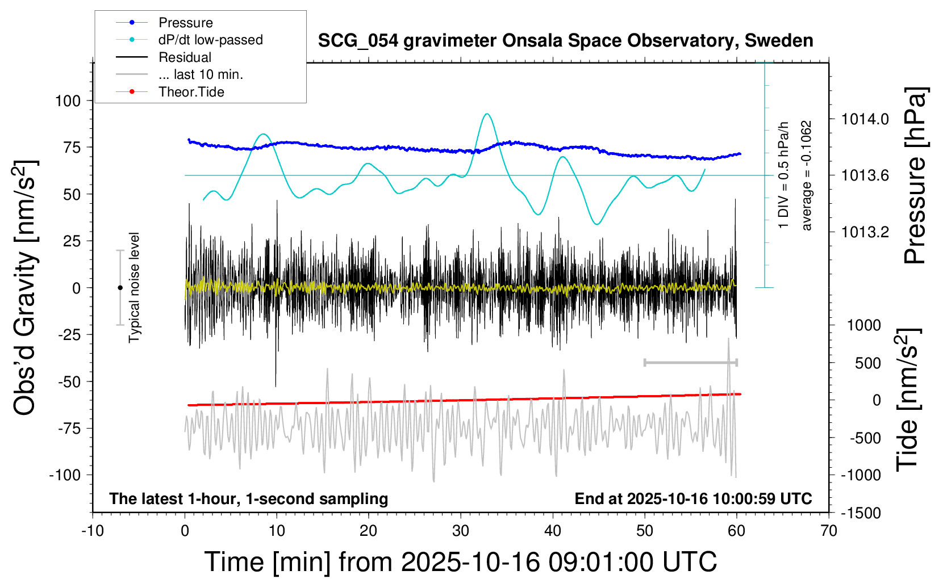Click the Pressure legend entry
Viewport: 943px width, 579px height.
tap(185, 23)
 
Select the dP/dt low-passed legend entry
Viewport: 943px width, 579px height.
tap(210, 40)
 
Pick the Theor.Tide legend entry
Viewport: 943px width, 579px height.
tap(191, 92)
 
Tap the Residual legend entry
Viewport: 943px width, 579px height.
tap(185, 57)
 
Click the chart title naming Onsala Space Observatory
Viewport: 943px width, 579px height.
tap(565, 41)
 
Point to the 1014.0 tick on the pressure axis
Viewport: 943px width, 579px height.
tap(865, 119)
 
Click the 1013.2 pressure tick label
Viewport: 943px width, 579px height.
tap(865, 232)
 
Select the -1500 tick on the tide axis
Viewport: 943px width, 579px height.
tap(861, 513)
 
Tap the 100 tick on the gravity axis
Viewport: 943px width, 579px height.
tap(68, 101)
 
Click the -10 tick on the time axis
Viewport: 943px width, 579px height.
tap(93, 531)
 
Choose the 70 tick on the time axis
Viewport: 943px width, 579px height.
tap(829, 531)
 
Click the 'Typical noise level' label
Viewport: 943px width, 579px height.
tap(134, 287)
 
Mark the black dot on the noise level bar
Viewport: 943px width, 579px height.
tap(120, 288)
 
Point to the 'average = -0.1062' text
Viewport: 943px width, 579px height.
tap(807, 175)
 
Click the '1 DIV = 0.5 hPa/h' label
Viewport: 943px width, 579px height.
tap(784, 175)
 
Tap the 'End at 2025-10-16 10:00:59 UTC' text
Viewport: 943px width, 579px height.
tap(693, 499)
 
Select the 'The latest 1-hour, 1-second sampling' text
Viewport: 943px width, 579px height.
tap(249, 499)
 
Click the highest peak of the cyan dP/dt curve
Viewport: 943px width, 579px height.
tap(487, 114)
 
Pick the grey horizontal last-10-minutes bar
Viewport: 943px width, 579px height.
tap(691, 362)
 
